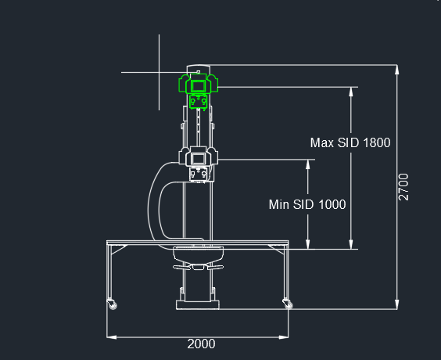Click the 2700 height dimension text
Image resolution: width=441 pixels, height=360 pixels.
pyautogui.click(x=403, y=187)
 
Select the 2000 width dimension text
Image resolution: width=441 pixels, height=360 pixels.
pyautogui.click(x=202, y=344)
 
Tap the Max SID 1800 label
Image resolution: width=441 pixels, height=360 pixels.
pyautogui.click(x=350, y=142)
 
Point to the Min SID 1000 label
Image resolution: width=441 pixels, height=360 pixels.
pyautogui.click(x=307, y=204)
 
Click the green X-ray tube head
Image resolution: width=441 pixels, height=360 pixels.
pyautogui.click(x=199, y=83)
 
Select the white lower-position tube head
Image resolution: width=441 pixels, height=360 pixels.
pyautogui.click(x=199, y=157)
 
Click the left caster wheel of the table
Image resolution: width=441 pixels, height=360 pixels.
pyautogui.click(x=112, y=304)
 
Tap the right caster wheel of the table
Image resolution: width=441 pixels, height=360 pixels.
pyautogui.click(x=288, y=304)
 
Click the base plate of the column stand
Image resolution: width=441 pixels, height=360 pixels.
pyautogui.click(x=198, y=305)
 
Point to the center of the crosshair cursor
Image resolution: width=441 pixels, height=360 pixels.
pyautogui.click(x=160, y=72)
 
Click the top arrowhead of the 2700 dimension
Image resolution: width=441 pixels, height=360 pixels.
pyautogui.click(x=397, y=70)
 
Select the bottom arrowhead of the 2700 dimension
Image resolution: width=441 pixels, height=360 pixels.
pyautogui.click(x=397, y=304)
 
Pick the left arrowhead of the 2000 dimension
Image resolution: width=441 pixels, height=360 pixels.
pyautogui.click(x=112, y=337)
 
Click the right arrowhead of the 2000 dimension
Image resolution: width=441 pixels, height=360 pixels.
pyautogui.click(x=284, y=337)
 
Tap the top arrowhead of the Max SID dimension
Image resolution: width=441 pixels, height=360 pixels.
pyautogui.click(x=351, y=92)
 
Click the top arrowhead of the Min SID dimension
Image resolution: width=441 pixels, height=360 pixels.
pyautogui.click(x=308, y=164)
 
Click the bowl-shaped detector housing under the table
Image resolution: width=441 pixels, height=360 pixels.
pyautogui.click(x=199, y=254)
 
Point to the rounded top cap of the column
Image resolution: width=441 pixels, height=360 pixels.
pyautogui.click(x=199, y=67)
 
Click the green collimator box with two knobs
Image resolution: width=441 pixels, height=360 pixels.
pyautogui.click(x=199, y=101)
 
